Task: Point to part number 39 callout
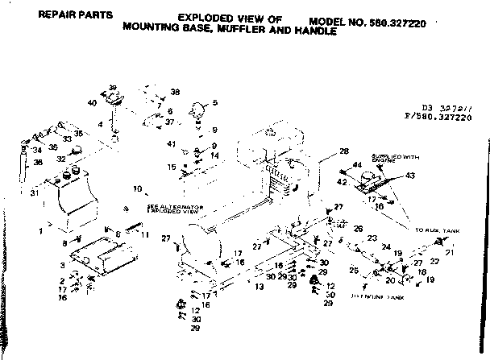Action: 113,86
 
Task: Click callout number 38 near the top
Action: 175,92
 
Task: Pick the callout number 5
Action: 215,102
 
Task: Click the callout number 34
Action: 36,150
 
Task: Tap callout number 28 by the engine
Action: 343,151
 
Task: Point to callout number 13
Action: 260,286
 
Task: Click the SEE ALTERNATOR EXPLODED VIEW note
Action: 173,210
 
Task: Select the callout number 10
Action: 137,190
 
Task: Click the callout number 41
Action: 171,143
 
